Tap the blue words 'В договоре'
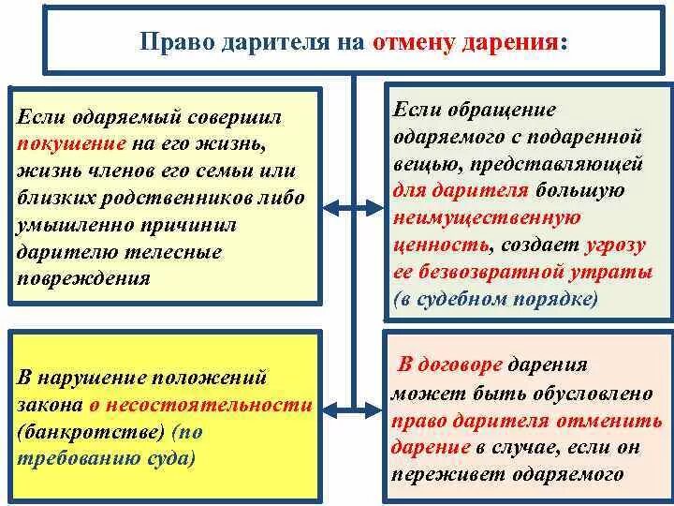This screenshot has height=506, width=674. (x=451, y=365)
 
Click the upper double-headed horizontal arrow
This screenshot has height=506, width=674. (x=355, y=207)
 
